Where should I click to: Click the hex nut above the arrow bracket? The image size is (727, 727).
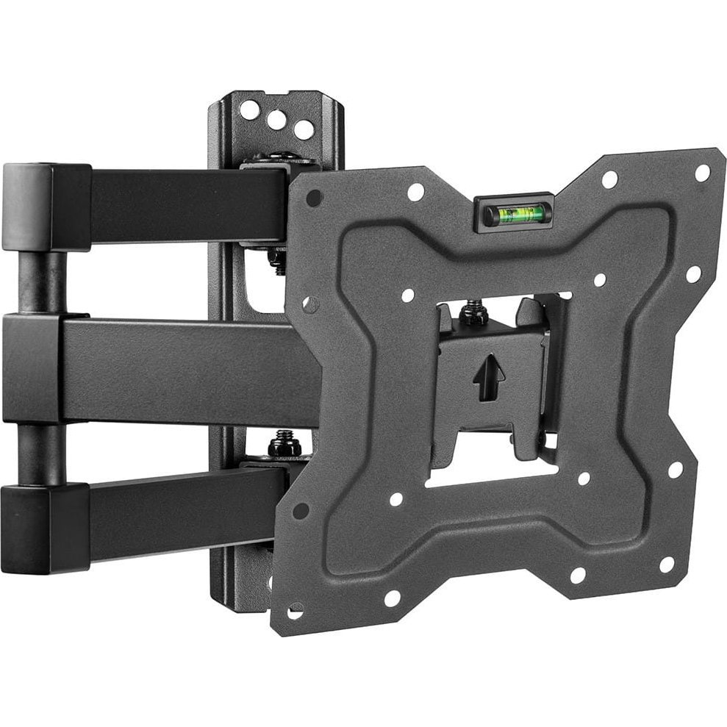point(474,314)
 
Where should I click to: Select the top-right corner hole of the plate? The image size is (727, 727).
point(702,173)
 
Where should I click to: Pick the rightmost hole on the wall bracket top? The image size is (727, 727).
point(304,129)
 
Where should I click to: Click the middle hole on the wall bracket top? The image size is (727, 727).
point(276,120)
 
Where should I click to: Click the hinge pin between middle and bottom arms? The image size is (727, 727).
point(40,453)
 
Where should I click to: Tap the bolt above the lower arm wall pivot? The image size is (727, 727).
point(284,444)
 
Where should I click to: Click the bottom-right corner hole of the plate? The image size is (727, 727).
point(667,564)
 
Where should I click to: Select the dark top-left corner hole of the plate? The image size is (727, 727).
point(314,198)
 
